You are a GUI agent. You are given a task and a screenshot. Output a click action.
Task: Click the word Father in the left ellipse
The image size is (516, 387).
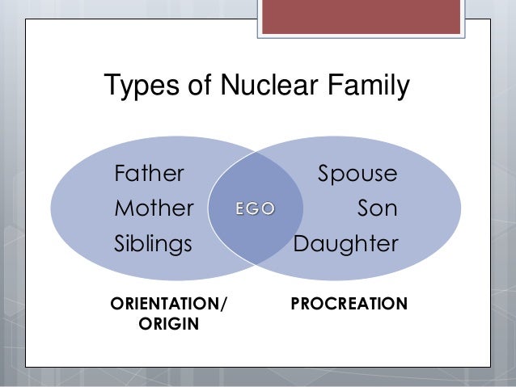[x=150, y=174]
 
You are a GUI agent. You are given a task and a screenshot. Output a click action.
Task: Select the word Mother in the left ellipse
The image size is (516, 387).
[x=154, y=208]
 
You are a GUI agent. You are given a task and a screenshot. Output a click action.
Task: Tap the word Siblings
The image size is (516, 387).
[x=154, y=244]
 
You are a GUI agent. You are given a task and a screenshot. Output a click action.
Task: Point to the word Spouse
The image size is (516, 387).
[x=357, y=175]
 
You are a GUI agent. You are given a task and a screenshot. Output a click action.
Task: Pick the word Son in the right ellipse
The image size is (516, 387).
[x=378, y=208]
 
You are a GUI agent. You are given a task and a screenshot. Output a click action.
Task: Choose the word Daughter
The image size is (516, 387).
[x=345, y=244]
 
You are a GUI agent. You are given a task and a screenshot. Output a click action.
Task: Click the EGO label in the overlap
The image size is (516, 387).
[x=255, y=209]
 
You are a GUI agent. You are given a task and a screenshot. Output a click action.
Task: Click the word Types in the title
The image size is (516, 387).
[x=138, y=86]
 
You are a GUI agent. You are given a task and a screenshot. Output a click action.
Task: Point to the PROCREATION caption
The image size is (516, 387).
[x=349, y=305]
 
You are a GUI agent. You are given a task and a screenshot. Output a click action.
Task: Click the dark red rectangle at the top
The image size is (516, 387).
[x=360, y=16]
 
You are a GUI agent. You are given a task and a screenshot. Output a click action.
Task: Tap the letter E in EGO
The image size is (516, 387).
[x=240, y=209]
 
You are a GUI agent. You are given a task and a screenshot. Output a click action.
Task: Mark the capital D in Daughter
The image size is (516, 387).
[x=301, y=243]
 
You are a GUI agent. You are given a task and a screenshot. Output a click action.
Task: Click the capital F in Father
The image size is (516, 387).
[x=121, y=174]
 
